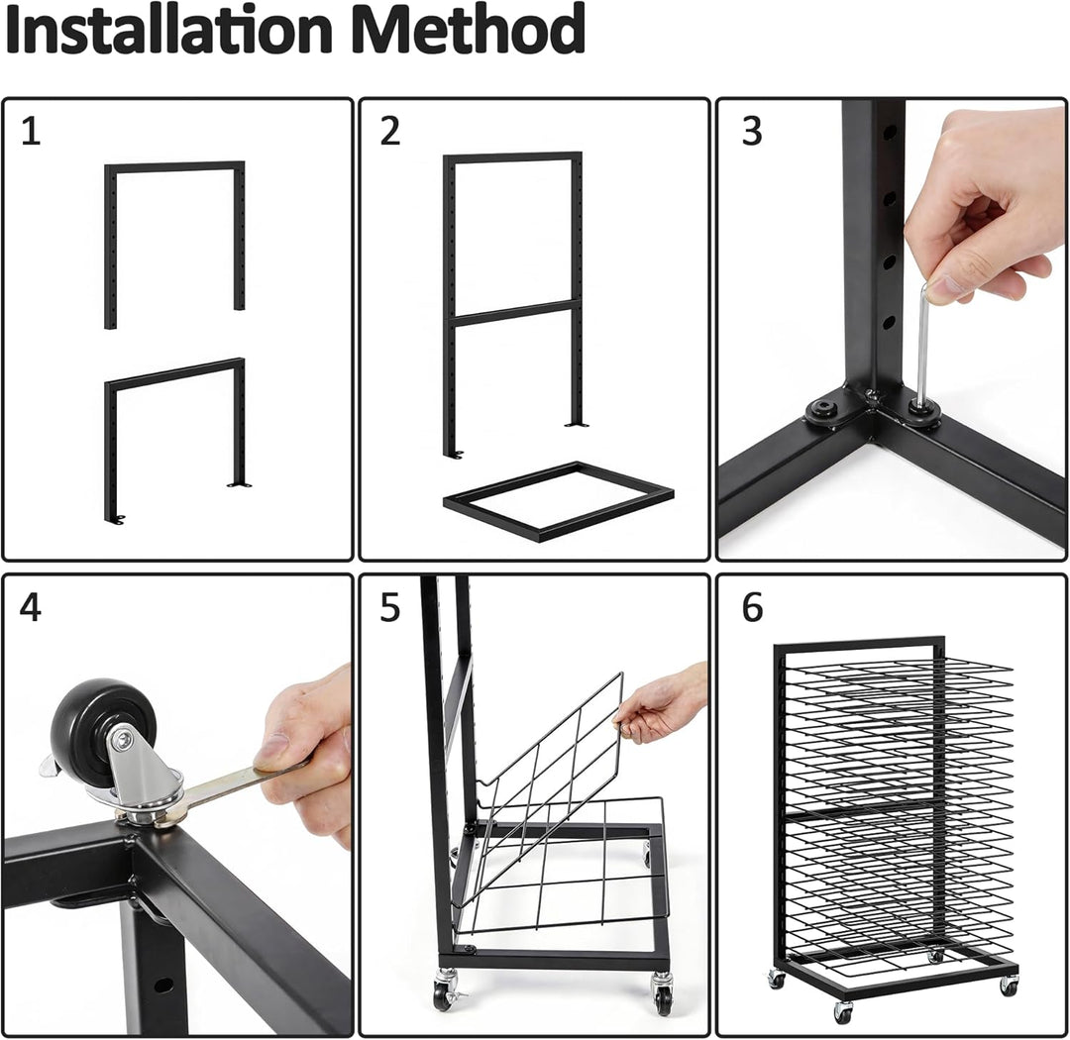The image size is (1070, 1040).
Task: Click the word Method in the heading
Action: coord(472,30)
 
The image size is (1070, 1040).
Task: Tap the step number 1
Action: coord(31,131)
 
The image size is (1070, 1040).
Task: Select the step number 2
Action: coord(389,131)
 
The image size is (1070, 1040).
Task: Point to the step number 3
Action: coord(751,131)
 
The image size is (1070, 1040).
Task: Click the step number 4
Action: coord(30,606)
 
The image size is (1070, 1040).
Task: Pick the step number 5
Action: coord(389,606)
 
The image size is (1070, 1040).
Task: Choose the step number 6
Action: coord(752,606)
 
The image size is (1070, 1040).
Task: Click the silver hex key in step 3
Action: coord(924,348)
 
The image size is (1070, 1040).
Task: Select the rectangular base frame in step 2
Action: coord(558,501)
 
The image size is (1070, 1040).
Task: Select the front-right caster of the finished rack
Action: coord(1008,986)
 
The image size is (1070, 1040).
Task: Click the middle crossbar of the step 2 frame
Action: coord(514,313)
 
